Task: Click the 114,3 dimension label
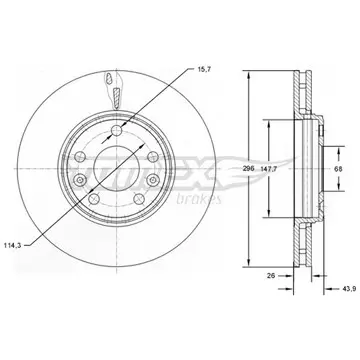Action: coord(13,246)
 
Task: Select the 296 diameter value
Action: coord(249,169)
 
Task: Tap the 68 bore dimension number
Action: coord(339,169)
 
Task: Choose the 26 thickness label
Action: coord(271,276)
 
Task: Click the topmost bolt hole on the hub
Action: coord(117,130)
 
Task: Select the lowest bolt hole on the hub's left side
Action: coord(94,199)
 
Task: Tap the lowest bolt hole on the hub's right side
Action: coord(139,199)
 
